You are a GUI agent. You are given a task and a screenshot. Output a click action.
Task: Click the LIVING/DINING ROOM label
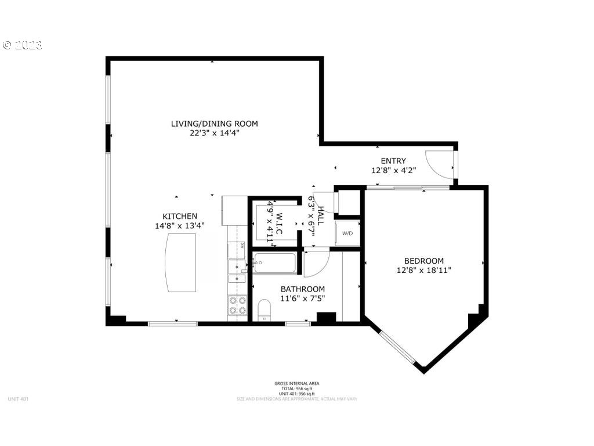click(214, 124)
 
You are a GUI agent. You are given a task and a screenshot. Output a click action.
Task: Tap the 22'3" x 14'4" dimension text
click(214, 133)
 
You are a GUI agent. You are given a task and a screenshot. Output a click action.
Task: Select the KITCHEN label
click(179, 216)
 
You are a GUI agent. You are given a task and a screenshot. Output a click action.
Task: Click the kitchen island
click(180, 262)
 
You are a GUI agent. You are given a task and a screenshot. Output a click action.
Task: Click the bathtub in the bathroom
click(275, 263)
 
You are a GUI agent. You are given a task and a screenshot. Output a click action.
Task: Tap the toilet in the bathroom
click(264, 309)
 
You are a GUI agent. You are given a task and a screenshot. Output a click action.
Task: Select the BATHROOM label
click(302, 289)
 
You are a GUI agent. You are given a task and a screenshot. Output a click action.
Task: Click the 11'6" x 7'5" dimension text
click(302, 298)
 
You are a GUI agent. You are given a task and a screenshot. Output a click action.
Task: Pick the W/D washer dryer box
click(347, 233)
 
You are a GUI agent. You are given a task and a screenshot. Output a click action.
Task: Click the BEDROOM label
click(423, 261)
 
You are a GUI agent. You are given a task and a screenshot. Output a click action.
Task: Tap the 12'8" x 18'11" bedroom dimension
click(423, 270)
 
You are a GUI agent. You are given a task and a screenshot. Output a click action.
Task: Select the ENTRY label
click(393, 161)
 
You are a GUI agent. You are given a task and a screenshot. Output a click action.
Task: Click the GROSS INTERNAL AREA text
click(296, 383)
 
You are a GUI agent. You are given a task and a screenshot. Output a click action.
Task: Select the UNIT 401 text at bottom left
click(18, 399)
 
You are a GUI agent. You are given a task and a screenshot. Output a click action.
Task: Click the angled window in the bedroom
click(397, 346)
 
